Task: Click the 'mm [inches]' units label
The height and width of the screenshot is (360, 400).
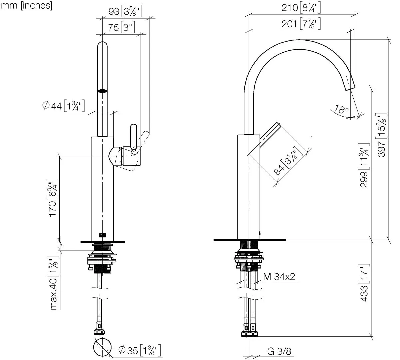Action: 27,6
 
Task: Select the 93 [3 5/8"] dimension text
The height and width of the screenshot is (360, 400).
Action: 125,12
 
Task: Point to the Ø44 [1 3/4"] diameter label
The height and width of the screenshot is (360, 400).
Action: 63,106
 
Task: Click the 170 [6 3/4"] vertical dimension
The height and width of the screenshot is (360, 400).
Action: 53,197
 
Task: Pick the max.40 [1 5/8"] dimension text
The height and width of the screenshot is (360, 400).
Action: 53,283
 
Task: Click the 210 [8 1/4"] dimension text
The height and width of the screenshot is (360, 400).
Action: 301,8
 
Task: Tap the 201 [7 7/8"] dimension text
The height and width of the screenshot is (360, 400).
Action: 301,24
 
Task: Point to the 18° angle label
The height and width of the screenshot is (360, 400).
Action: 341,110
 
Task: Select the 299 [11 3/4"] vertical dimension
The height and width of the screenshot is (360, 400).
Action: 364,165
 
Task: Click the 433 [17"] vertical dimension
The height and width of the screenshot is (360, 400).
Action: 364,283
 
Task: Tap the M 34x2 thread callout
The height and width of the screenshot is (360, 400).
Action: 279,277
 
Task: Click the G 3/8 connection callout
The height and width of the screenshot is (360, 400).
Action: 279,351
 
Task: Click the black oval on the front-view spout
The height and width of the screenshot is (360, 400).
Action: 102,91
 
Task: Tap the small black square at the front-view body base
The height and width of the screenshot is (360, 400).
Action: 102,235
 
